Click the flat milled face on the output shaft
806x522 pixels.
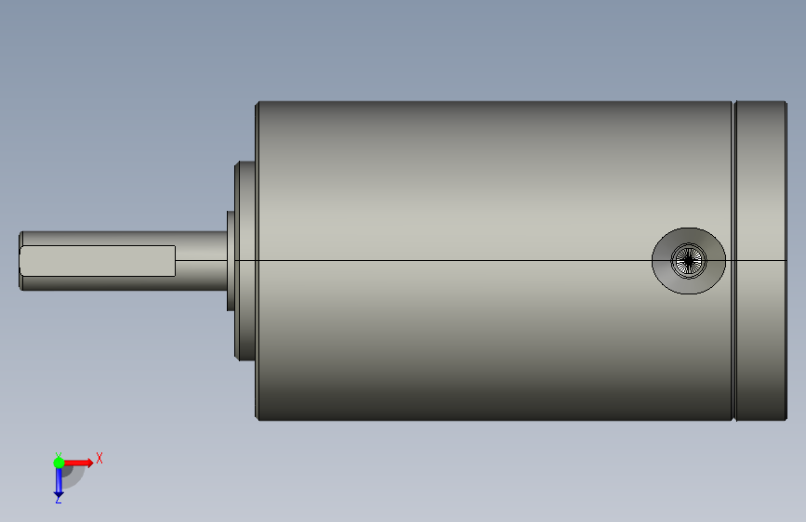pos(98,261)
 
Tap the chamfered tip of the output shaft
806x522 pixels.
pos(20,261)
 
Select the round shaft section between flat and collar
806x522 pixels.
pos(202,261)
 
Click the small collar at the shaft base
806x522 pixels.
pos(231,261)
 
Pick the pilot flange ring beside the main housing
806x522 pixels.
pos(245,261)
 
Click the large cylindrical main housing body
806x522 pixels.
pos(495,261)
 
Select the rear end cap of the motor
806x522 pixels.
pos(760,261)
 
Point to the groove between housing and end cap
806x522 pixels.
pos(734,261)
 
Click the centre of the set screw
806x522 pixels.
pos(689,261)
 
